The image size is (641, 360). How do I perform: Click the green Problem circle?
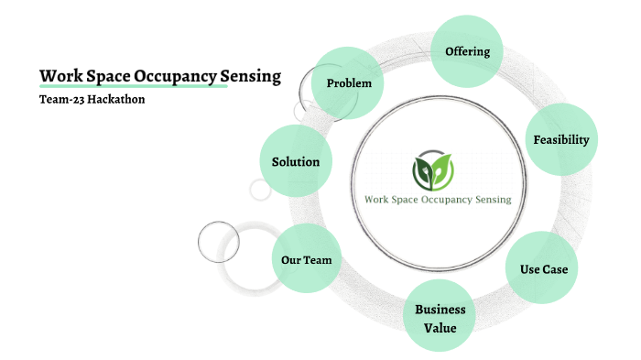click(x=349, y=83)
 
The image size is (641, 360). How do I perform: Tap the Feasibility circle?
click(x=560, y=140)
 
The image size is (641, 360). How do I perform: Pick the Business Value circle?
click(x=440, y=318)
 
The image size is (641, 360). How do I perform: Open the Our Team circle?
click(x=306, y=260)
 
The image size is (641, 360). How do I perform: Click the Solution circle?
click(x=296, y=162)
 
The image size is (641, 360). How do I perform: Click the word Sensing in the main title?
click(x=251, y=76)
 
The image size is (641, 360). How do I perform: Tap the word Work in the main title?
click(x=57, y=76)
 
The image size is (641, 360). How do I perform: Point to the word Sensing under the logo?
click(x=489, y=199)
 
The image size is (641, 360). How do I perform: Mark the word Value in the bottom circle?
click(x=440, y=327)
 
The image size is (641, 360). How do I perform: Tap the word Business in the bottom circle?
click(x=440, y=310)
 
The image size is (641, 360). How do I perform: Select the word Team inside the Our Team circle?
click(x=318, y=260)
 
